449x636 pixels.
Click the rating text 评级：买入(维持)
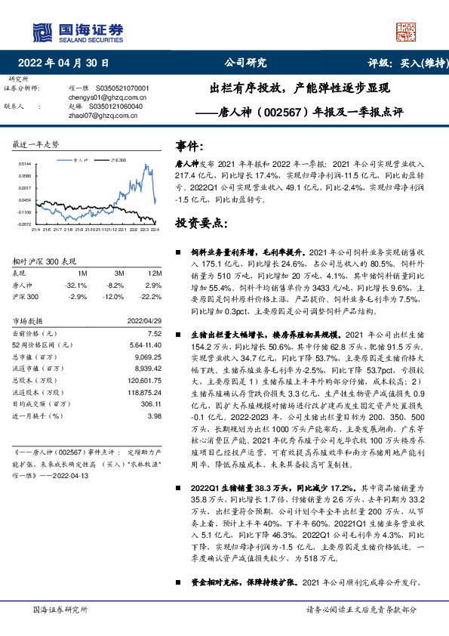pos(398,63)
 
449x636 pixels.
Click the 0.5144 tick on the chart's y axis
pos(25,163)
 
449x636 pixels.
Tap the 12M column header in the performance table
pos(154,273)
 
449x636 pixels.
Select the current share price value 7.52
pos(155,333)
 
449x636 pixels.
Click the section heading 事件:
pos(189,146)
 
